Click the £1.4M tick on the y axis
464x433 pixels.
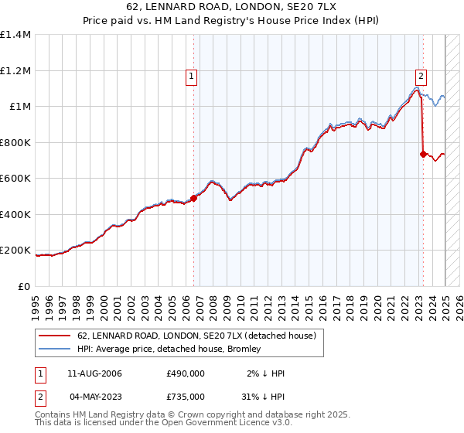(15, 35)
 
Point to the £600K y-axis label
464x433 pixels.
(15, 179)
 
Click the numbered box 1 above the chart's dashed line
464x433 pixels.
(190, 76)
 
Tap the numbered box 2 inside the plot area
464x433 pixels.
(421, 76)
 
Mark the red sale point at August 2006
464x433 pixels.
(194, 198)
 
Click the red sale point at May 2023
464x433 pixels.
(422, 154)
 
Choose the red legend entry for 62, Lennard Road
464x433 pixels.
(196, 336)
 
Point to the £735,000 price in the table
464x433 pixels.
(185, 397)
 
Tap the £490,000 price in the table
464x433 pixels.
(185, 373)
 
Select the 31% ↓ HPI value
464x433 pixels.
(262, 397)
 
